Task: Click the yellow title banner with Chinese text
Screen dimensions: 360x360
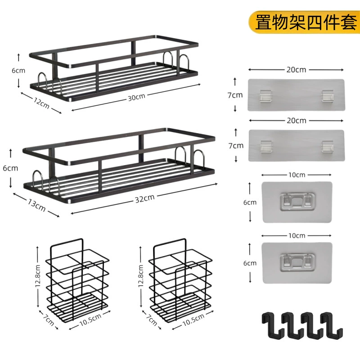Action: click(304, 22)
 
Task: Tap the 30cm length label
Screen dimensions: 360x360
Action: click(137, 97)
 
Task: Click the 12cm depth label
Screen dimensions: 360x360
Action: click(41, 103)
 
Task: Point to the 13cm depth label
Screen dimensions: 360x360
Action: click(36, 205)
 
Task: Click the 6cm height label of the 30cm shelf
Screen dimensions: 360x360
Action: click(18, 71)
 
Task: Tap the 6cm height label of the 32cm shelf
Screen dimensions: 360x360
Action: click(10, 168)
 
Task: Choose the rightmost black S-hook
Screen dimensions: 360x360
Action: click(331, 324)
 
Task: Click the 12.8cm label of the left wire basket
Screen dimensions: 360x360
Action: click(38, 276)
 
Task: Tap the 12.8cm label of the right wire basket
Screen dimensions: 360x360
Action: click(141, 276)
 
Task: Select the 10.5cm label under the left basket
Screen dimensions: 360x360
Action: click(90, 320)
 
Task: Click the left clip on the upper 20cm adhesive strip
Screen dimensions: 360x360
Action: click(265, 96)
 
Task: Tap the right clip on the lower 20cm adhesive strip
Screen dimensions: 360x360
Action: click(328, 146)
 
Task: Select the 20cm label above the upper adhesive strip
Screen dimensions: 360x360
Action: click(296, 70)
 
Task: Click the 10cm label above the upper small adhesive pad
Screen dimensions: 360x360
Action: click(297, 175)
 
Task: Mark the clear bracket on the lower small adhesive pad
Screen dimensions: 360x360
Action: click(297, 262)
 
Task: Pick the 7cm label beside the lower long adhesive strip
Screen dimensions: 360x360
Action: click(236, 145)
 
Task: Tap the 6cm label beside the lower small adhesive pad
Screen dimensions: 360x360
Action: click(250, 263)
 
